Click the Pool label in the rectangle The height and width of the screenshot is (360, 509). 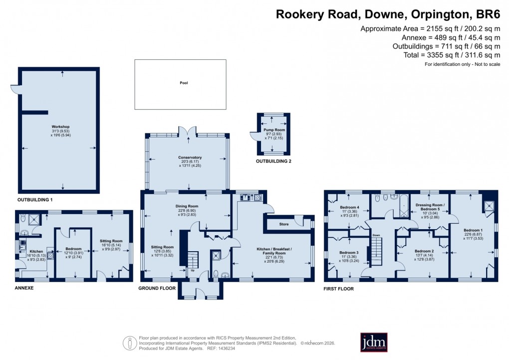(x=184, y=83)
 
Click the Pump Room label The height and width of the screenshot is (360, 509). (x=271, y=131)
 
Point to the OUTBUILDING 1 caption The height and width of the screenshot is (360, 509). (x=35, y=199)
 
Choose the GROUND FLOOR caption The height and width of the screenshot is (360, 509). (x=157, y=288)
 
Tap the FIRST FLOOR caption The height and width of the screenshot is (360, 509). (x=339, y=289)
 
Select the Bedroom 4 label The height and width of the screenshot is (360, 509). (x=350, y=207)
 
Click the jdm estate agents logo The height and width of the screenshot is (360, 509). (x=374, y=342)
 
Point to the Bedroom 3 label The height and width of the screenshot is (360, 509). (x=349, y=253)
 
